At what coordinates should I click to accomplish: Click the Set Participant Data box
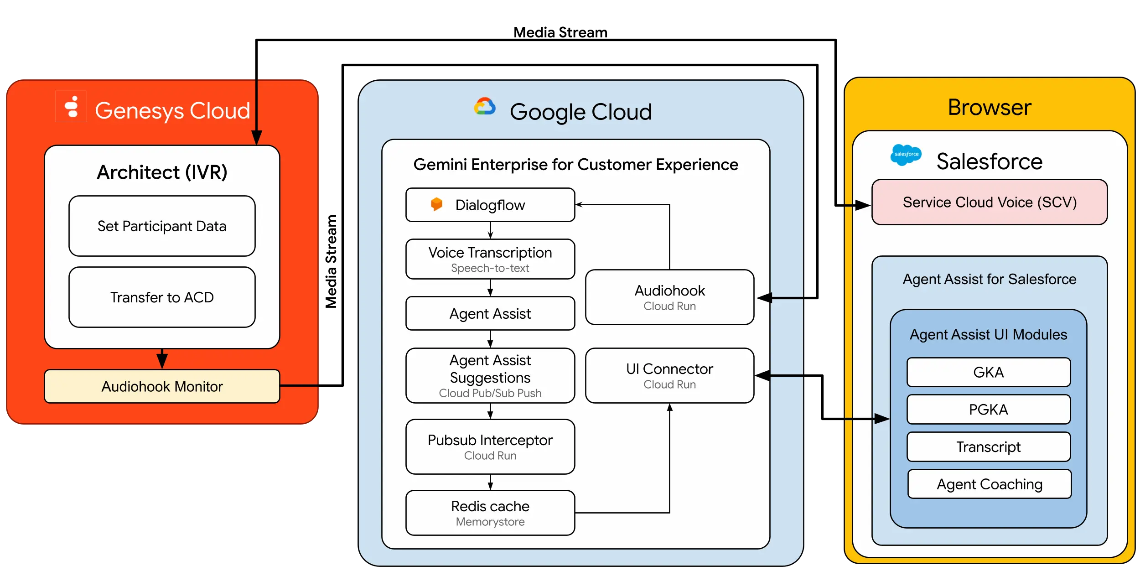click(x=162, y=226)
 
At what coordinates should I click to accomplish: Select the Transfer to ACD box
click(x=162, y=297)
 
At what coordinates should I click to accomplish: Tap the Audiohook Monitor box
click(x=162, y=386)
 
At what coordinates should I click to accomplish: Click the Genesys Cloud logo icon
click(x=71, y=107)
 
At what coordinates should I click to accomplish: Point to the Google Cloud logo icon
click(x=485, y=107)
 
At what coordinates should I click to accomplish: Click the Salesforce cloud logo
click(x=906, y=155)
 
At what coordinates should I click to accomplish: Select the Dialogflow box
click(x=490, y=205)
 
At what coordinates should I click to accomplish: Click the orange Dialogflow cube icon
click(x=436, y=204)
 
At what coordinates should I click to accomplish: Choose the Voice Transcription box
click(x=490, y=259)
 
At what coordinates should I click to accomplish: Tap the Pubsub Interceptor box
click(x=490, y=446)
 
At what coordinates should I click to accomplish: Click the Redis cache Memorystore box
click(x=490, y=513)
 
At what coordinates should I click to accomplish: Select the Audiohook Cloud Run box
click(x=669, y=297)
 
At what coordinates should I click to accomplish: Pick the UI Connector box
click(x=669, y=375)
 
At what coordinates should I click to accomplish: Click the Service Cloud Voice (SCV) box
click(x=990, y=202)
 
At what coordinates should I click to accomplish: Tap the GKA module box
click(x=989, y=372)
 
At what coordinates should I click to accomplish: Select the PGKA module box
click(x=989, y=410)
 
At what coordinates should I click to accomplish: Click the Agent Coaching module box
click(x=990, y=484)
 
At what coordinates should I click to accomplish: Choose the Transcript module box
click(x=989, y=447)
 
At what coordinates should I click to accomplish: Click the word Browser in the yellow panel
click(x=990, y=108)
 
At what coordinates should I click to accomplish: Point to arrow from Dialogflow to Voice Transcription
click(x=490, y=230)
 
